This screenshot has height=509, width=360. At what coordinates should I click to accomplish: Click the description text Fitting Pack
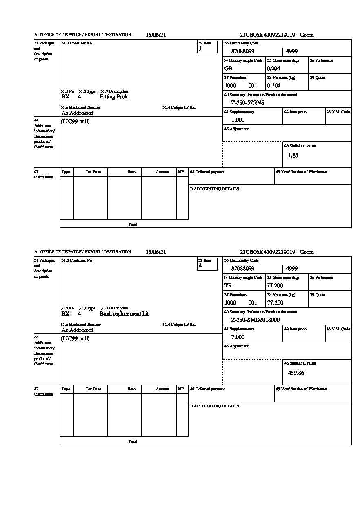click(x=113, y=97)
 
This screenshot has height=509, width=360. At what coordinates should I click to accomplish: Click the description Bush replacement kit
click(x=124, y=314)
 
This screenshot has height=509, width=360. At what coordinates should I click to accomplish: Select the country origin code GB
click(x=228, y=69)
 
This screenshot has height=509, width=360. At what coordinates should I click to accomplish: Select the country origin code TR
click(x=228, y=286)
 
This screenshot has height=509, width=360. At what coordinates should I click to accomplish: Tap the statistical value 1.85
click(x=293, y=156)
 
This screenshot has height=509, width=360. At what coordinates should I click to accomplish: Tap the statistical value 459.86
click(x=296, y=373)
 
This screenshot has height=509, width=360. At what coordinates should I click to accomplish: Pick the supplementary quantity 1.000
click(x=238, y=120)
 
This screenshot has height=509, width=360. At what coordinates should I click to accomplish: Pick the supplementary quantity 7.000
click(x=238, y=337)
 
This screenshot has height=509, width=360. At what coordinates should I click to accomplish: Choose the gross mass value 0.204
click(x=273, y=69)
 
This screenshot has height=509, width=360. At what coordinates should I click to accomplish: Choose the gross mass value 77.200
click(x=275, y=286)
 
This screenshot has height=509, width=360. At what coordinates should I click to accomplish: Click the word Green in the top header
click(x=307, y=35)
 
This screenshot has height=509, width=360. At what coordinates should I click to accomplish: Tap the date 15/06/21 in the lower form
click(x=156, y=252)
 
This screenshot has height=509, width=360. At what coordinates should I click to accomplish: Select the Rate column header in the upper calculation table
click(x=131, y=172)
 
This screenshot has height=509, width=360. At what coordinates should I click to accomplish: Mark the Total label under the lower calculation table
click(x=133, y=442)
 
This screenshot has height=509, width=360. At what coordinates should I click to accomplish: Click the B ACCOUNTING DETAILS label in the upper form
click(x=214, y=189)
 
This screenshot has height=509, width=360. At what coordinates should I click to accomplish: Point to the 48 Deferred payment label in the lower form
click(x=207, y=389)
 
